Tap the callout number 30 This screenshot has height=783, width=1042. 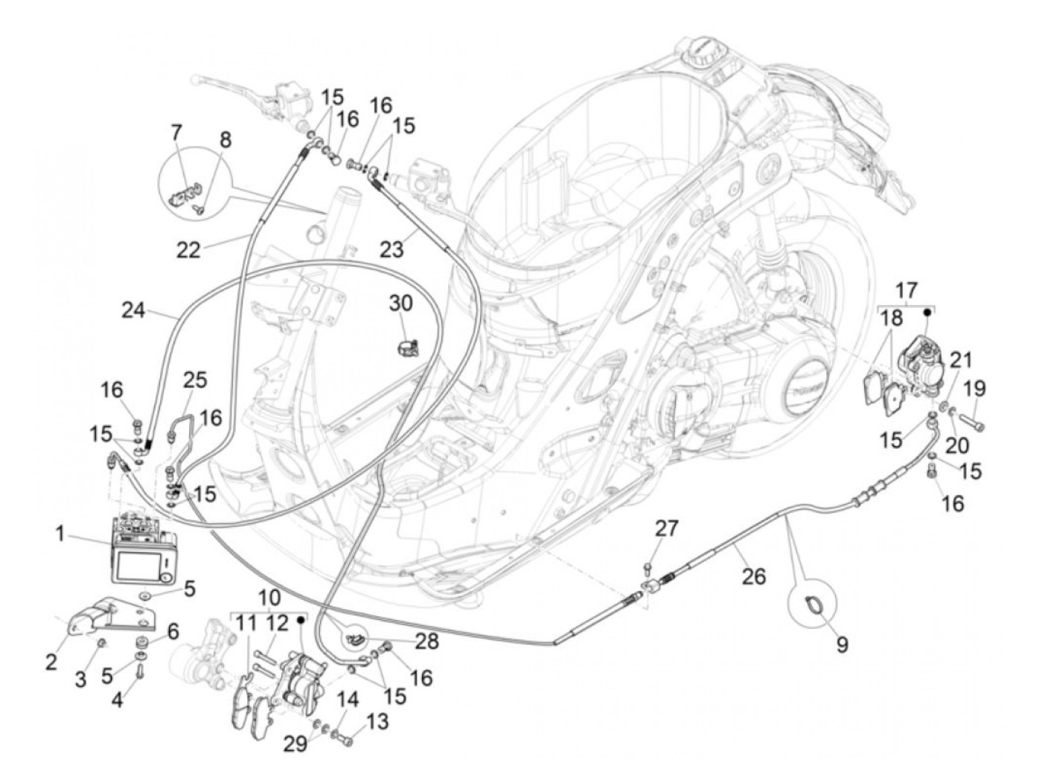click(x=401, y=303)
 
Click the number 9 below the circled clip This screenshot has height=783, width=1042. click(x=842, y=644)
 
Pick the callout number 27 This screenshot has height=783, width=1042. click(x=666, y=529)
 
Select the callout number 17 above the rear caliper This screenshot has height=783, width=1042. click(x=907, y=289)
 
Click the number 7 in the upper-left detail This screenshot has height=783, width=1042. click(x=176, y=133)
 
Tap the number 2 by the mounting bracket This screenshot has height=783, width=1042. click(x=51, y=661)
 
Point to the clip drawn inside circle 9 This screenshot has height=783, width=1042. click(x=814, y=607)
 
